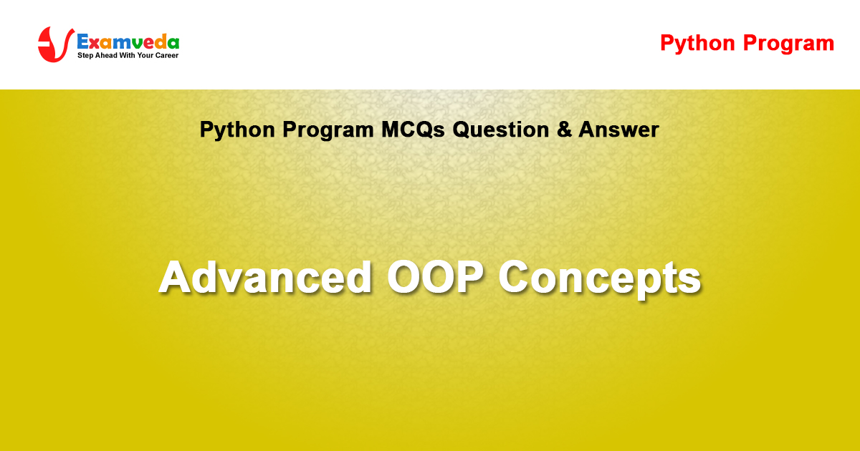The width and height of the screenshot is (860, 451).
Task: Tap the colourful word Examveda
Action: pyautogui.click(x=128, y=42)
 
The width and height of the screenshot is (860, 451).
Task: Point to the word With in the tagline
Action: pyautogui.click(x=127, y=55)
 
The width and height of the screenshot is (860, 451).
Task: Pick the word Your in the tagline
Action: pyautogui.click(x=145, y=55)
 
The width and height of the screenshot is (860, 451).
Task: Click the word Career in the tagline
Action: pyautogui.click(x=167, y=55)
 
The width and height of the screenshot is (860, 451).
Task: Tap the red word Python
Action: pyautogui.click(x=697, y=44)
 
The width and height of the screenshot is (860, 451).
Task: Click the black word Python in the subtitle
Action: pyautogui.click(x=237, y=130)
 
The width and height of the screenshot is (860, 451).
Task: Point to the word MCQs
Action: pyautogui.click(x=413, y=130)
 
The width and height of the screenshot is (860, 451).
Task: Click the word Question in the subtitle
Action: pyautogui.click(x=501, y=130)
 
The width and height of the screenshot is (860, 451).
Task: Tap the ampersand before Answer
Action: pyautogui.click(x=564, y=130)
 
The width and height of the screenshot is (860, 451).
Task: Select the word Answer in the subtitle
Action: pyautogui.click(x=618, y=130)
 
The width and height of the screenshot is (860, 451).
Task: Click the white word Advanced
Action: pyautogui.click(x=266, y=277)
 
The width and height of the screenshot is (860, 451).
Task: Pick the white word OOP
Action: pyautogui.click(x=435, y=277)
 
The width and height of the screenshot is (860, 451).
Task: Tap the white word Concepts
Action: pyautogui.click(x=599, y=279)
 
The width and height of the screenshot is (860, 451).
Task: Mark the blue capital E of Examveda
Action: pyautogui.click(x=84, y=42)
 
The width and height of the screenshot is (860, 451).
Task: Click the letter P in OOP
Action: pyautogui.click(x=469, y=277)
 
